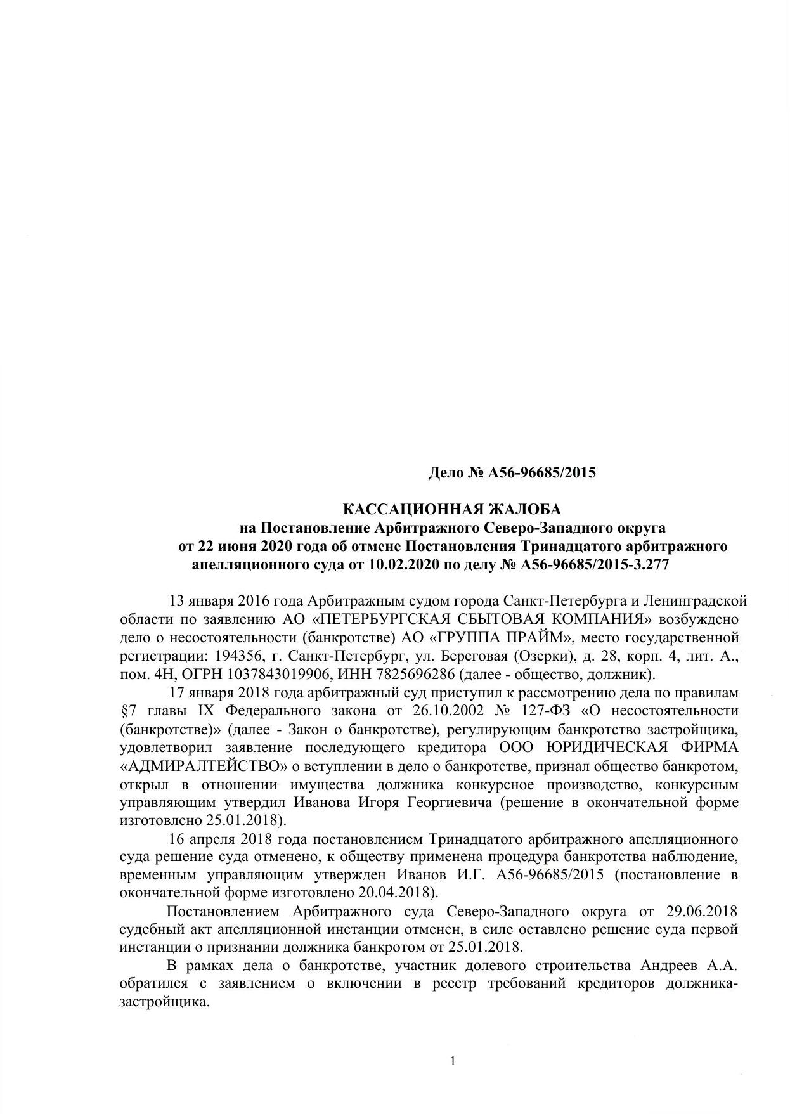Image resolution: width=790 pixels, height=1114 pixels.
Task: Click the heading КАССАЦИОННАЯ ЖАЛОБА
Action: [451, 509]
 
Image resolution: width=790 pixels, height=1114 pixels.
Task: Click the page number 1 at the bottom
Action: [452, 1061]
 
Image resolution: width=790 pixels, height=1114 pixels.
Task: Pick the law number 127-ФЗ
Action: [542, 710]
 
